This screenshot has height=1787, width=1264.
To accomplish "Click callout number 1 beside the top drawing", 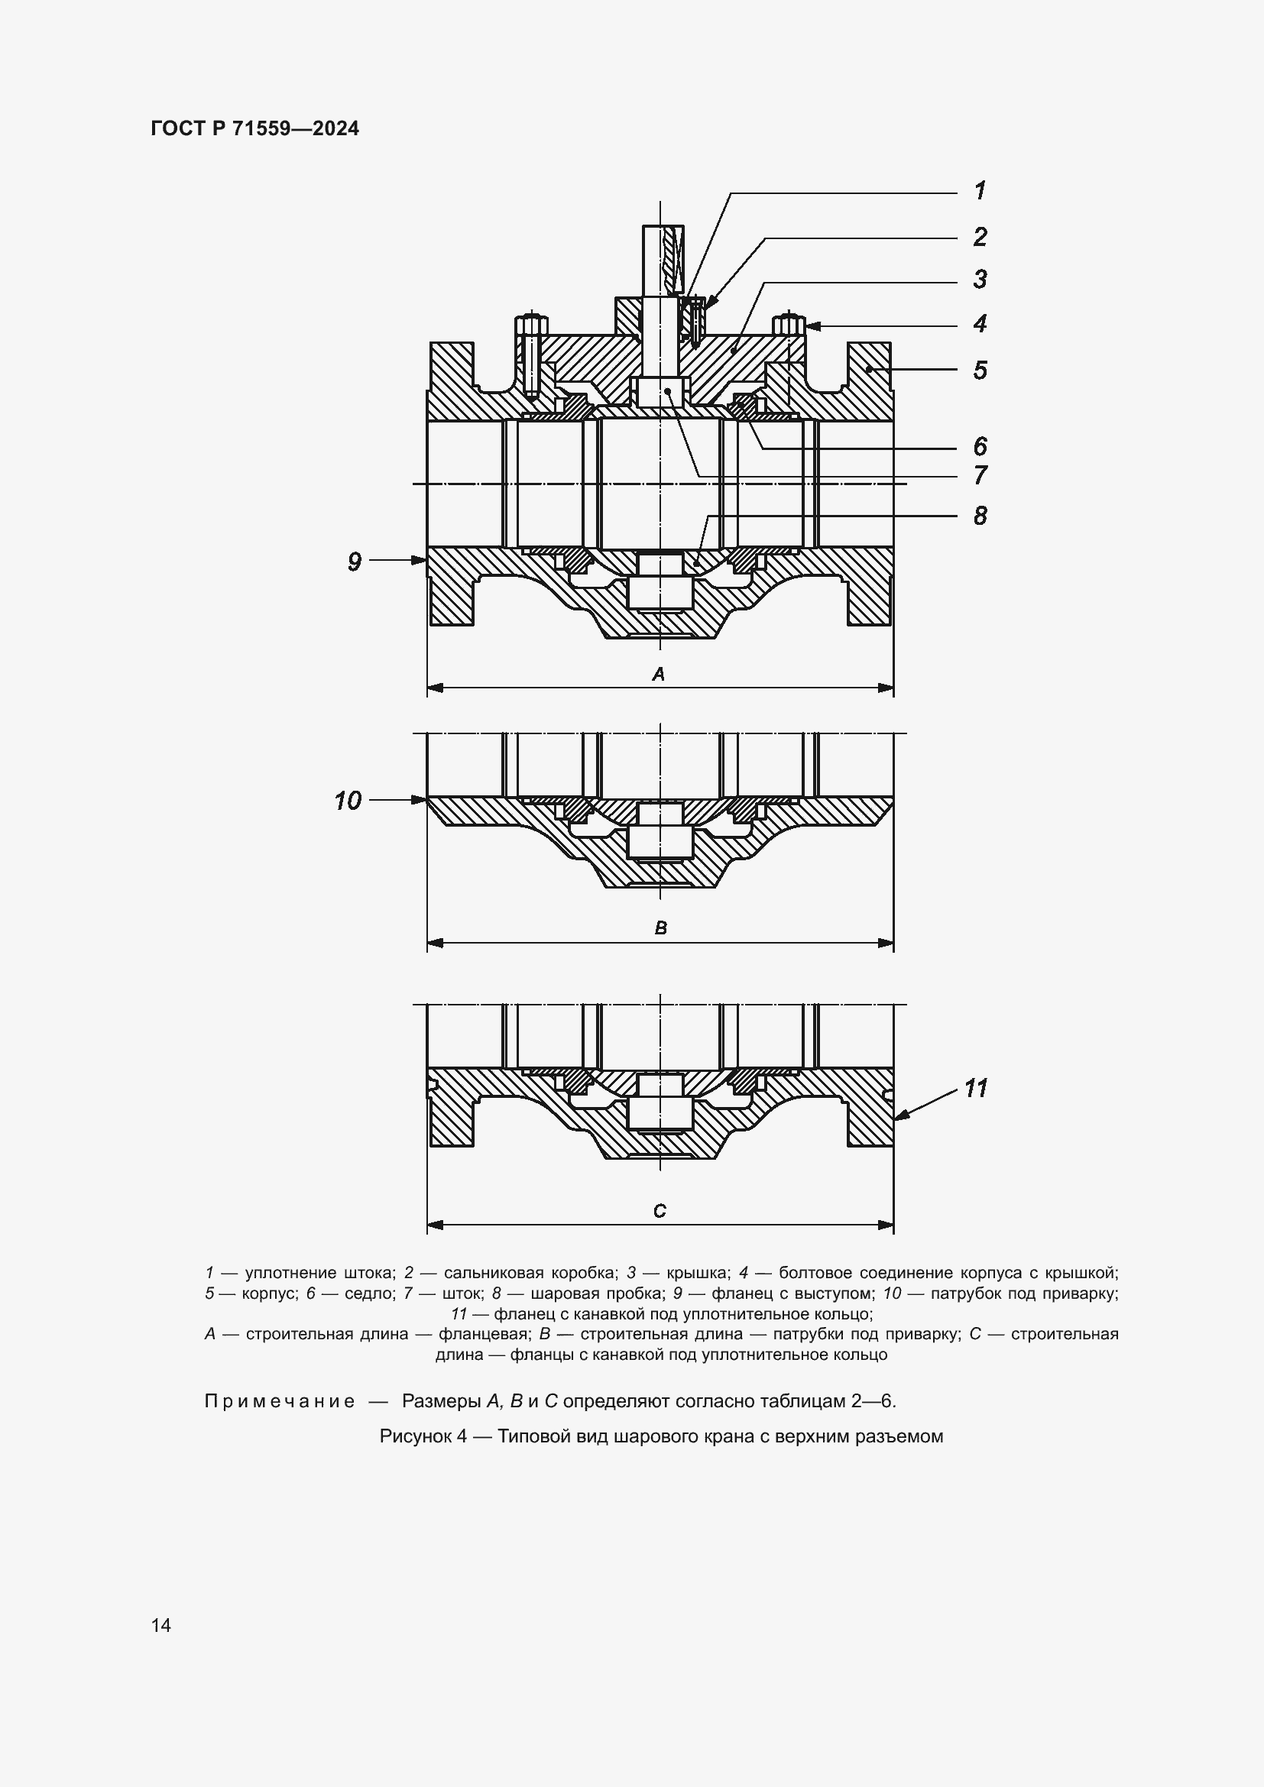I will coord(980,191).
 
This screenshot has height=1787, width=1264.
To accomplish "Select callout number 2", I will coord(980,237).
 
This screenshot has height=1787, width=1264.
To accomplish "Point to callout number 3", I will coord(980,280).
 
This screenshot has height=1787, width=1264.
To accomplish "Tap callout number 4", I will coord(980,324).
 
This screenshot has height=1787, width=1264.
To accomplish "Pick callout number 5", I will coord(980,371).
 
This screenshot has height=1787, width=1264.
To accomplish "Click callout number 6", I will coord(980,447).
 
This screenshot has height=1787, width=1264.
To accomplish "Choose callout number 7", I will coord(980,474).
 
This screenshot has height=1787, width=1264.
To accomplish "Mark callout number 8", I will coord(980,515).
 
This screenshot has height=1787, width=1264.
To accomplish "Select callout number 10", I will coord(348,800).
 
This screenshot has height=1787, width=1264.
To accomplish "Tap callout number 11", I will coord(976,1088).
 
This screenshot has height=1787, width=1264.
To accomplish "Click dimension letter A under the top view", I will coord(659,674).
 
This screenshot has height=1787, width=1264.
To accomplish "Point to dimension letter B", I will coord(661,927).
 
